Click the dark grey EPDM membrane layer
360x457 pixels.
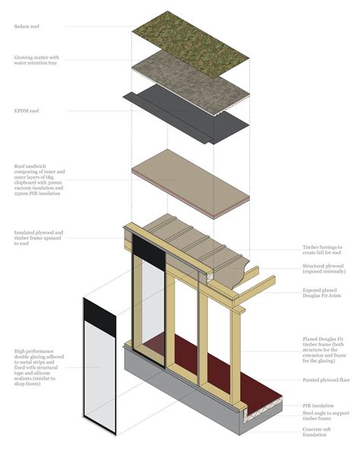pos(182,114)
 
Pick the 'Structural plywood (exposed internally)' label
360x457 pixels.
pos(324,269)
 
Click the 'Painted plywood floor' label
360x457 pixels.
pos(325,380)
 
